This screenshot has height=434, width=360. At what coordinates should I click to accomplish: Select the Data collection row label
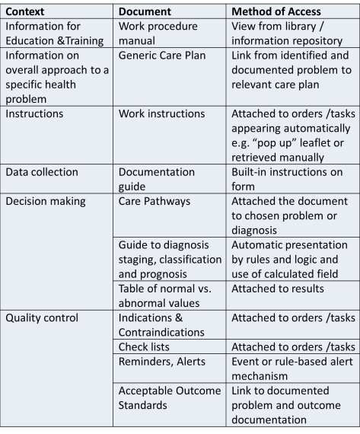pyautogui.click(x=41, y=172)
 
